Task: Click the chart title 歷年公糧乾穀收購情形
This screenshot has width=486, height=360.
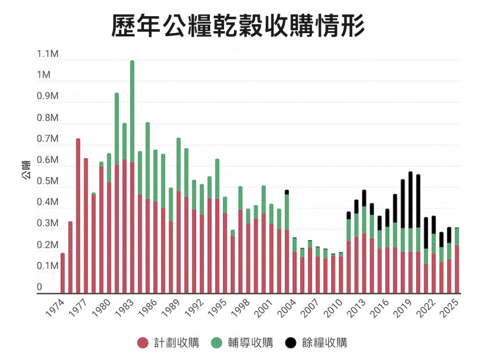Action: point(238,25)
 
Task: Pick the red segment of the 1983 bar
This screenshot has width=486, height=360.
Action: point(132,228)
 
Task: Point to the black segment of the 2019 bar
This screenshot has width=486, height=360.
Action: point(411,200)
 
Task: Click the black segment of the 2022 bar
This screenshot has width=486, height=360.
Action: point(434,223)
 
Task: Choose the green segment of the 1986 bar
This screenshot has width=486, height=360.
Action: point(148,161)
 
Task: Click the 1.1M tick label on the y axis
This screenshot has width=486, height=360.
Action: point(47,54)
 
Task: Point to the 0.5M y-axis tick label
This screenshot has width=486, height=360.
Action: point(47,181)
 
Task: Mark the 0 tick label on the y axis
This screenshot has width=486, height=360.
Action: point(39,287)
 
